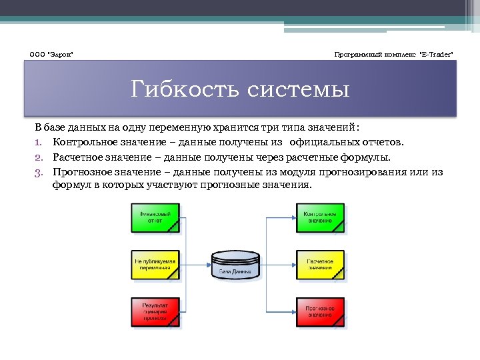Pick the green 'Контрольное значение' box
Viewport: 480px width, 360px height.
pos(321,217)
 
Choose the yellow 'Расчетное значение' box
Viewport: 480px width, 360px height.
pos(321,265)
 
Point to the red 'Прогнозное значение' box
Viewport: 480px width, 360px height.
pos(321,311)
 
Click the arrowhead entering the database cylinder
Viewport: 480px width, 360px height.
pos(207,265)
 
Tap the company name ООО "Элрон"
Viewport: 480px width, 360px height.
pos(51,53)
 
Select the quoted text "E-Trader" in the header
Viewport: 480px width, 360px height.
pos(435,53)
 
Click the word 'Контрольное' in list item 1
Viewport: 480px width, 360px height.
pos(83,142)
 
